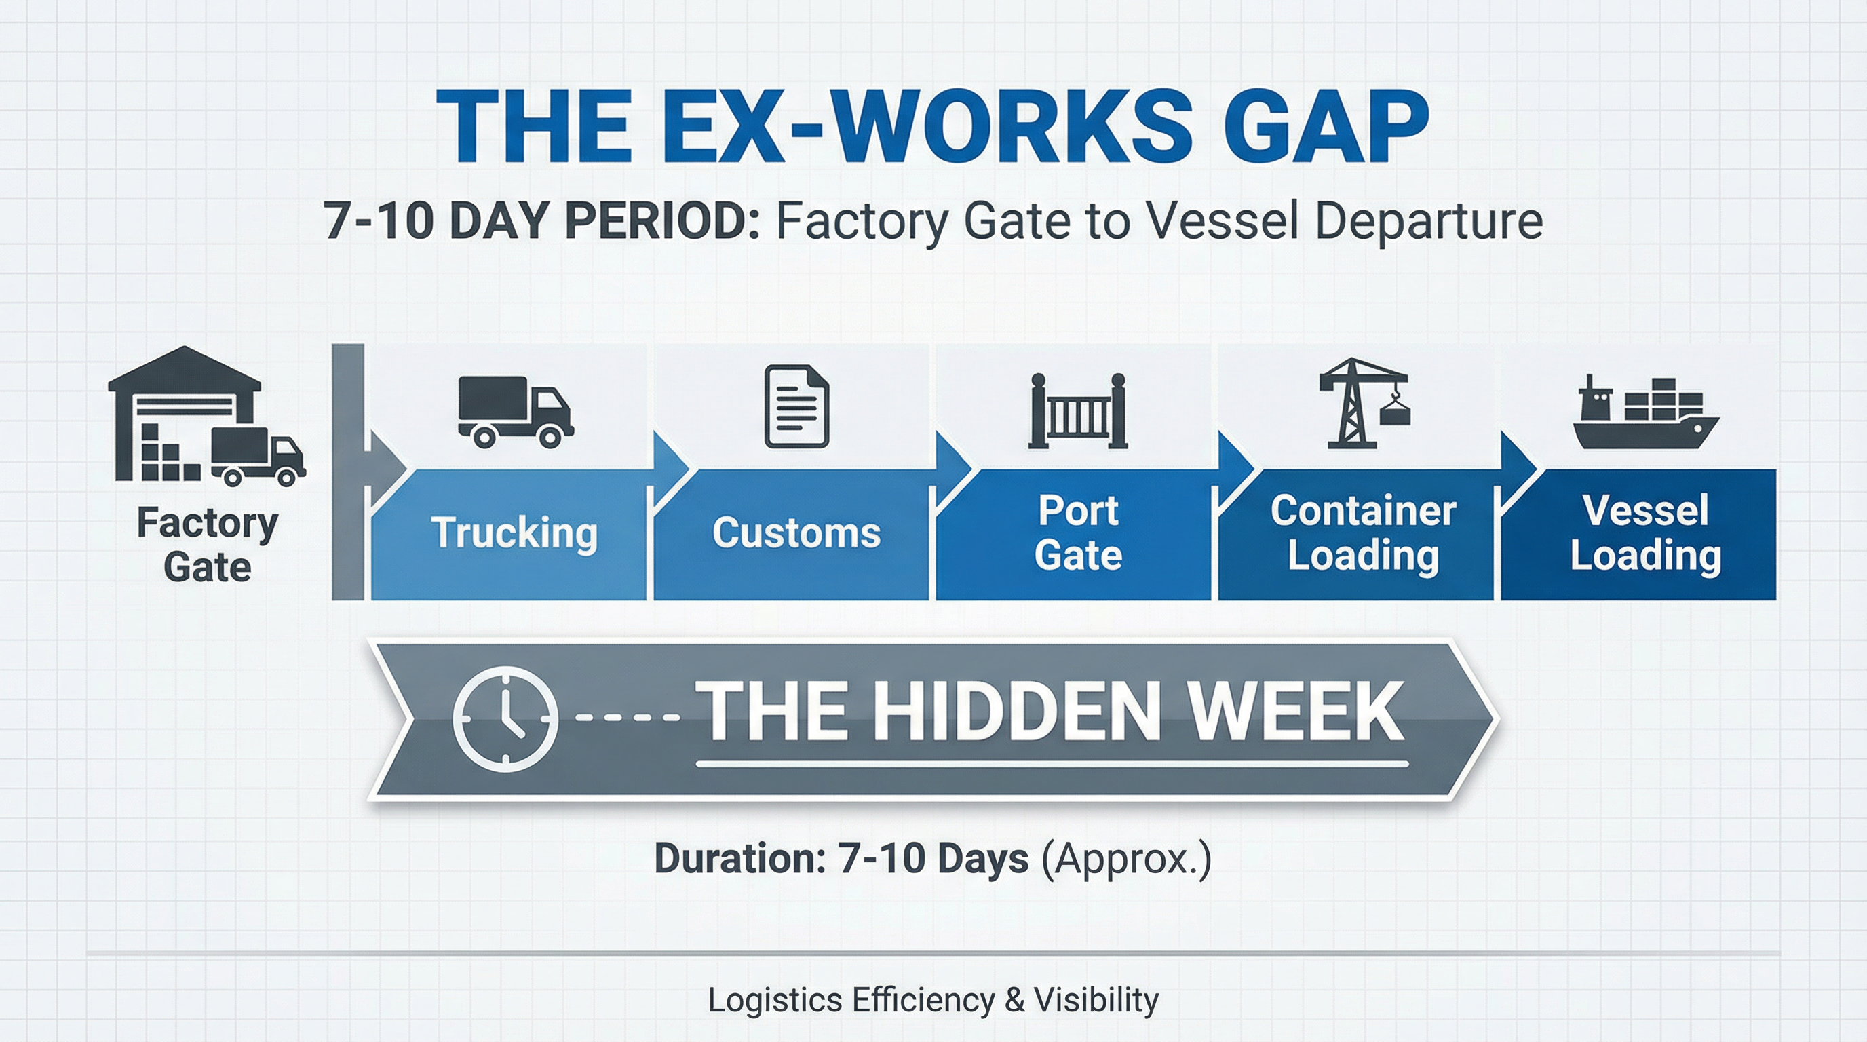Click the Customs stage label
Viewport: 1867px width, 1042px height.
[x=796, y=533]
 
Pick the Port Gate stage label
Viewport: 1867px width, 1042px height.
[x=1079, y=533]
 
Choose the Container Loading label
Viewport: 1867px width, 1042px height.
[x=1362, y=533]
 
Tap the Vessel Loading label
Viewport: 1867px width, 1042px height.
[x=1645, y=533]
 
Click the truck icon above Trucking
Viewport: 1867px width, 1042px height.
[x=516, y=410]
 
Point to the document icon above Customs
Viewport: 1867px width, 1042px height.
[x=796, y=406]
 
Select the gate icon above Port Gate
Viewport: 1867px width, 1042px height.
[x=1079, y=412]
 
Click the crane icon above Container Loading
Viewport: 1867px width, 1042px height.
[x=1362, y=404]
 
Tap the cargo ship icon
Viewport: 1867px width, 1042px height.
[x=1645, y=414]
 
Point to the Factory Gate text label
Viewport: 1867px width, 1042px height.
[x=208, y=545]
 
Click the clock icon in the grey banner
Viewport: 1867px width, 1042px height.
[x=505, y=718]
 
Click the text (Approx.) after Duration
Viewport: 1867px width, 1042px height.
[x=1125, y=859]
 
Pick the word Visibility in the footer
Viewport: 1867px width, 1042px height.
[x=1096, y=1000]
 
